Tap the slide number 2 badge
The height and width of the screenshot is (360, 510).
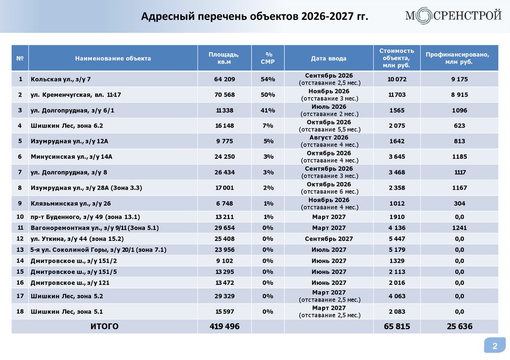(495, 346)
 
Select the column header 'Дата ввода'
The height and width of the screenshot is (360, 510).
(328, 58)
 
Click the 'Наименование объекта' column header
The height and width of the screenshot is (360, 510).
(113, 58)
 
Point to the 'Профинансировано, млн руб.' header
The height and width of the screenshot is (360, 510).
(459, 58)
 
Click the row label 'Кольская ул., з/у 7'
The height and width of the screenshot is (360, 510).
(61, 79)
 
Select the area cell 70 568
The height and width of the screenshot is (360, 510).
(224, 95)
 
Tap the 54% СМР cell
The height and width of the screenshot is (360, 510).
(268, 79)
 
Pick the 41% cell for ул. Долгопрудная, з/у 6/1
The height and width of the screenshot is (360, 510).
(268, 110)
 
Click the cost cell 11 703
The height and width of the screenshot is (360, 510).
(396, 95)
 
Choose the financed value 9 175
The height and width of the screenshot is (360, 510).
(459, 79)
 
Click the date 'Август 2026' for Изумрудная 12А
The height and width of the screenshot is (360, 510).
(328, 137)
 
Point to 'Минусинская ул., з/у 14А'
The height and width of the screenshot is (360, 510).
(72, 156)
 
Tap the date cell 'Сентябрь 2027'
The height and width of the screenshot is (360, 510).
(328, 239)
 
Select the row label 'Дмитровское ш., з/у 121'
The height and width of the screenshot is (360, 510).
(70, 282)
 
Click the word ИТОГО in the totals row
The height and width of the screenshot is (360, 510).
(104, 327)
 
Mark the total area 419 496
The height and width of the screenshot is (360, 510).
(224, 327)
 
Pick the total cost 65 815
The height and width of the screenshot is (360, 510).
(396, 327)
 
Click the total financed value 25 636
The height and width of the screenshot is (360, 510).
(459, 327)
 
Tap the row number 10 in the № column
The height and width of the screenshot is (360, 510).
(20, 217)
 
